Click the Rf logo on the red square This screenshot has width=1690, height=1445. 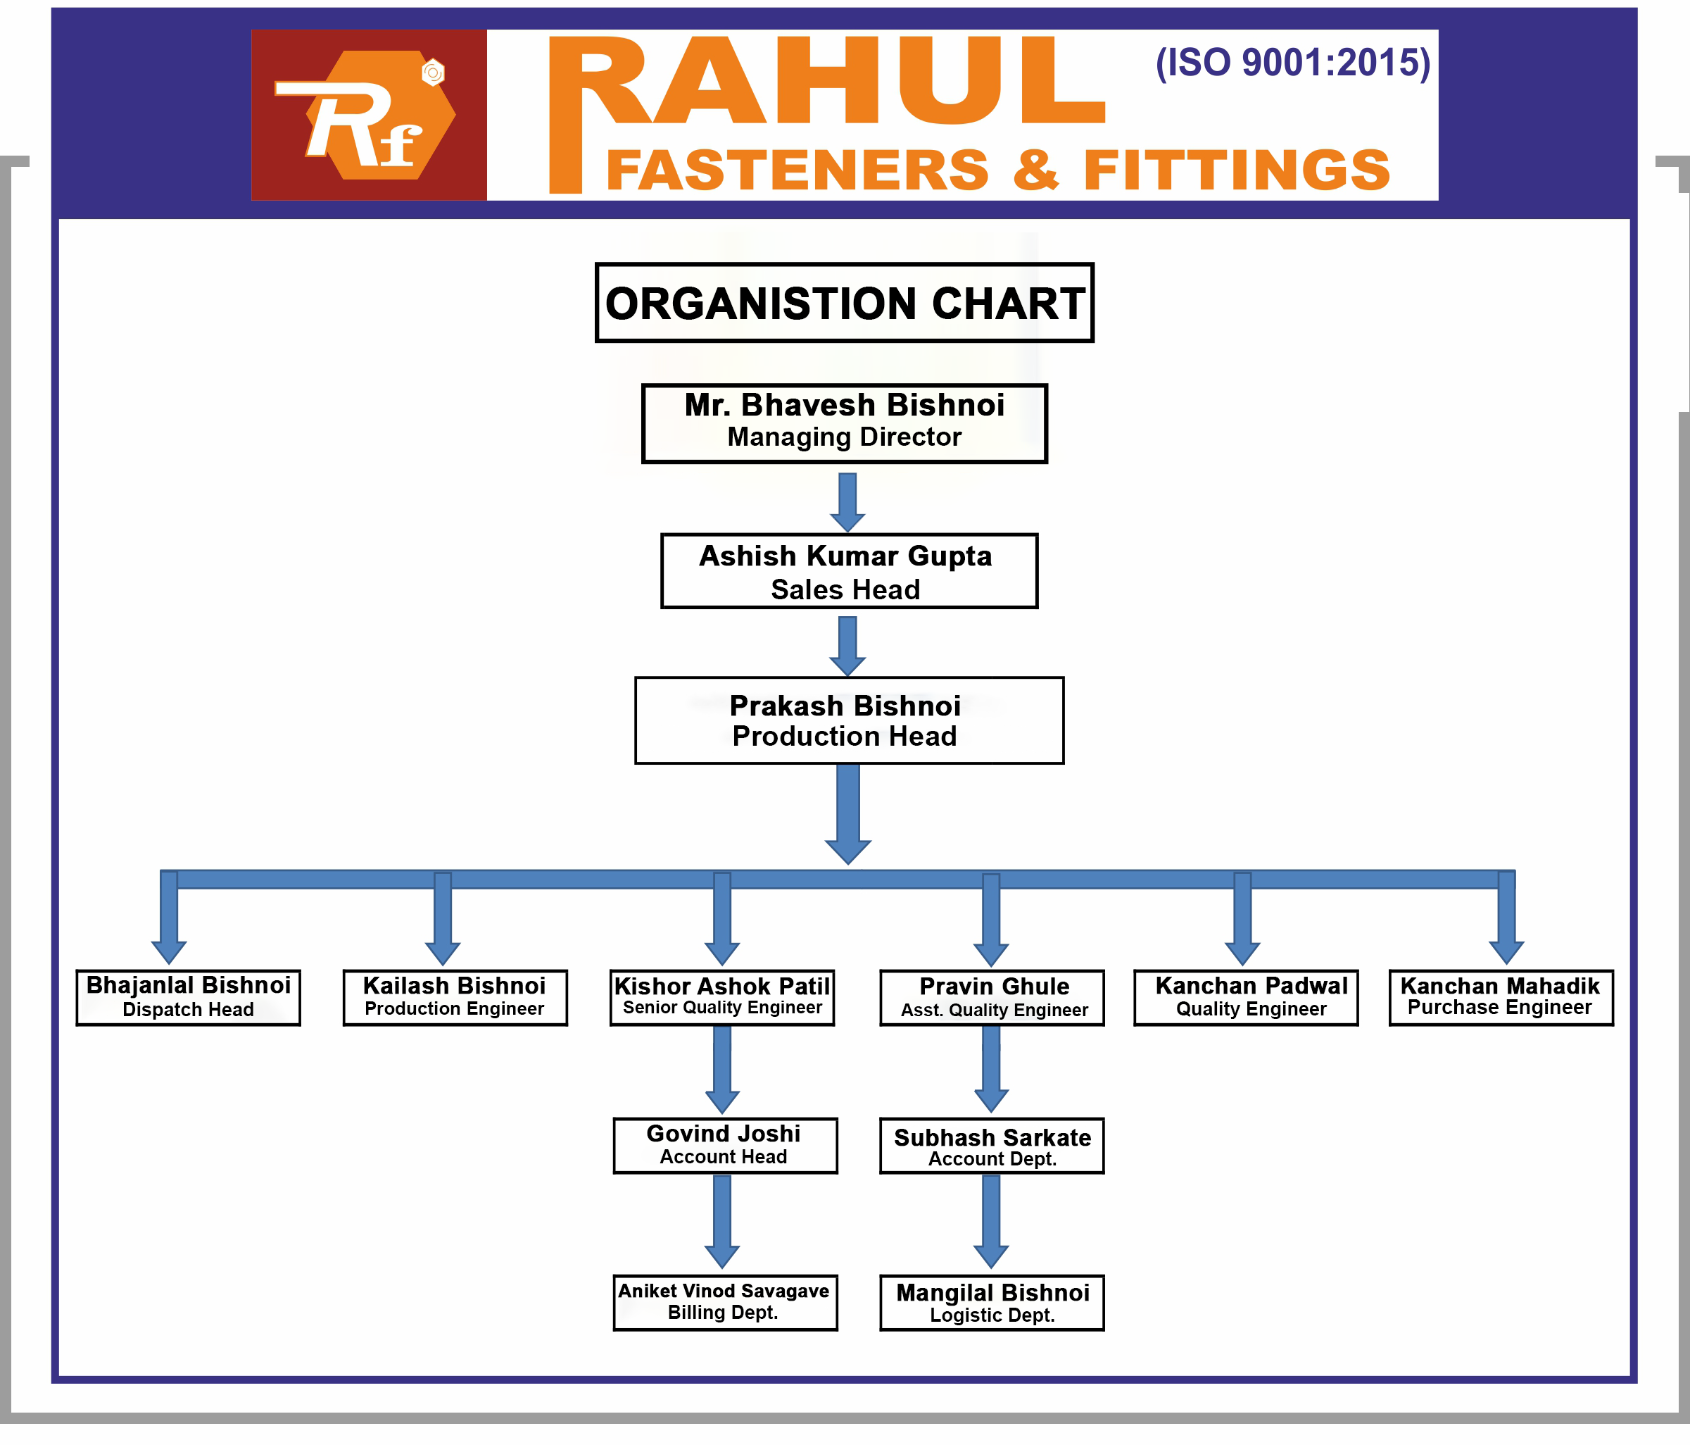(x=369, y=115)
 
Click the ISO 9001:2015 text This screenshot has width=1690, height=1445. (x=1292, y=63)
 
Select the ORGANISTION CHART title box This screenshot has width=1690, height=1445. (x=844, y=303)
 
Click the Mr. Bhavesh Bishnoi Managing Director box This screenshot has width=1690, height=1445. (x=844, y=423)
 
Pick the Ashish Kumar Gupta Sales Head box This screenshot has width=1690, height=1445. (x=848, y=571)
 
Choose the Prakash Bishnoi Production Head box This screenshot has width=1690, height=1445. (x=848, y=720)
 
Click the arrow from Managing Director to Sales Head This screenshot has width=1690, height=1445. (x=847, y=501)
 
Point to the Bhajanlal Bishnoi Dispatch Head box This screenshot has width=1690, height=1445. (x=189, y=997)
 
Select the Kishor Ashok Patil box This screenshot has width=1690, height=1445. (x=722, y=997)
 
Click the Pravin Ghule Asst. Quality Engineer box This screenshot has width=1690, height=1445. (x=992, y=997)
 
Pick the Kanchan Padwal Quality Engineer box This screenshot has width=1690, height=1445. (x=1245, y=997)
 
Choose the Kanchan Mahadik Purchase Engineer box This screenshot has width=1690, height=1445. (x=1501, y=997)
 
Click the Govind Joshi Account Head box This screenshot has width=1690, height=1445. (x=724, y=1146)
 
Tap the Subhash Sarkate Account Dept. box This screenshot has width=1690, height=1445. (x=992, y=1146)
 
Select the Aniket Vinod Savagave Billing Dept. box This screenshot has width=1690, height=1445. (x=724, y=1302)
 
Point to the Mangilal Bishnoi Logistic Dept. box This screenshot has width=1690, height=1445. (x=992, y=1302)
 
